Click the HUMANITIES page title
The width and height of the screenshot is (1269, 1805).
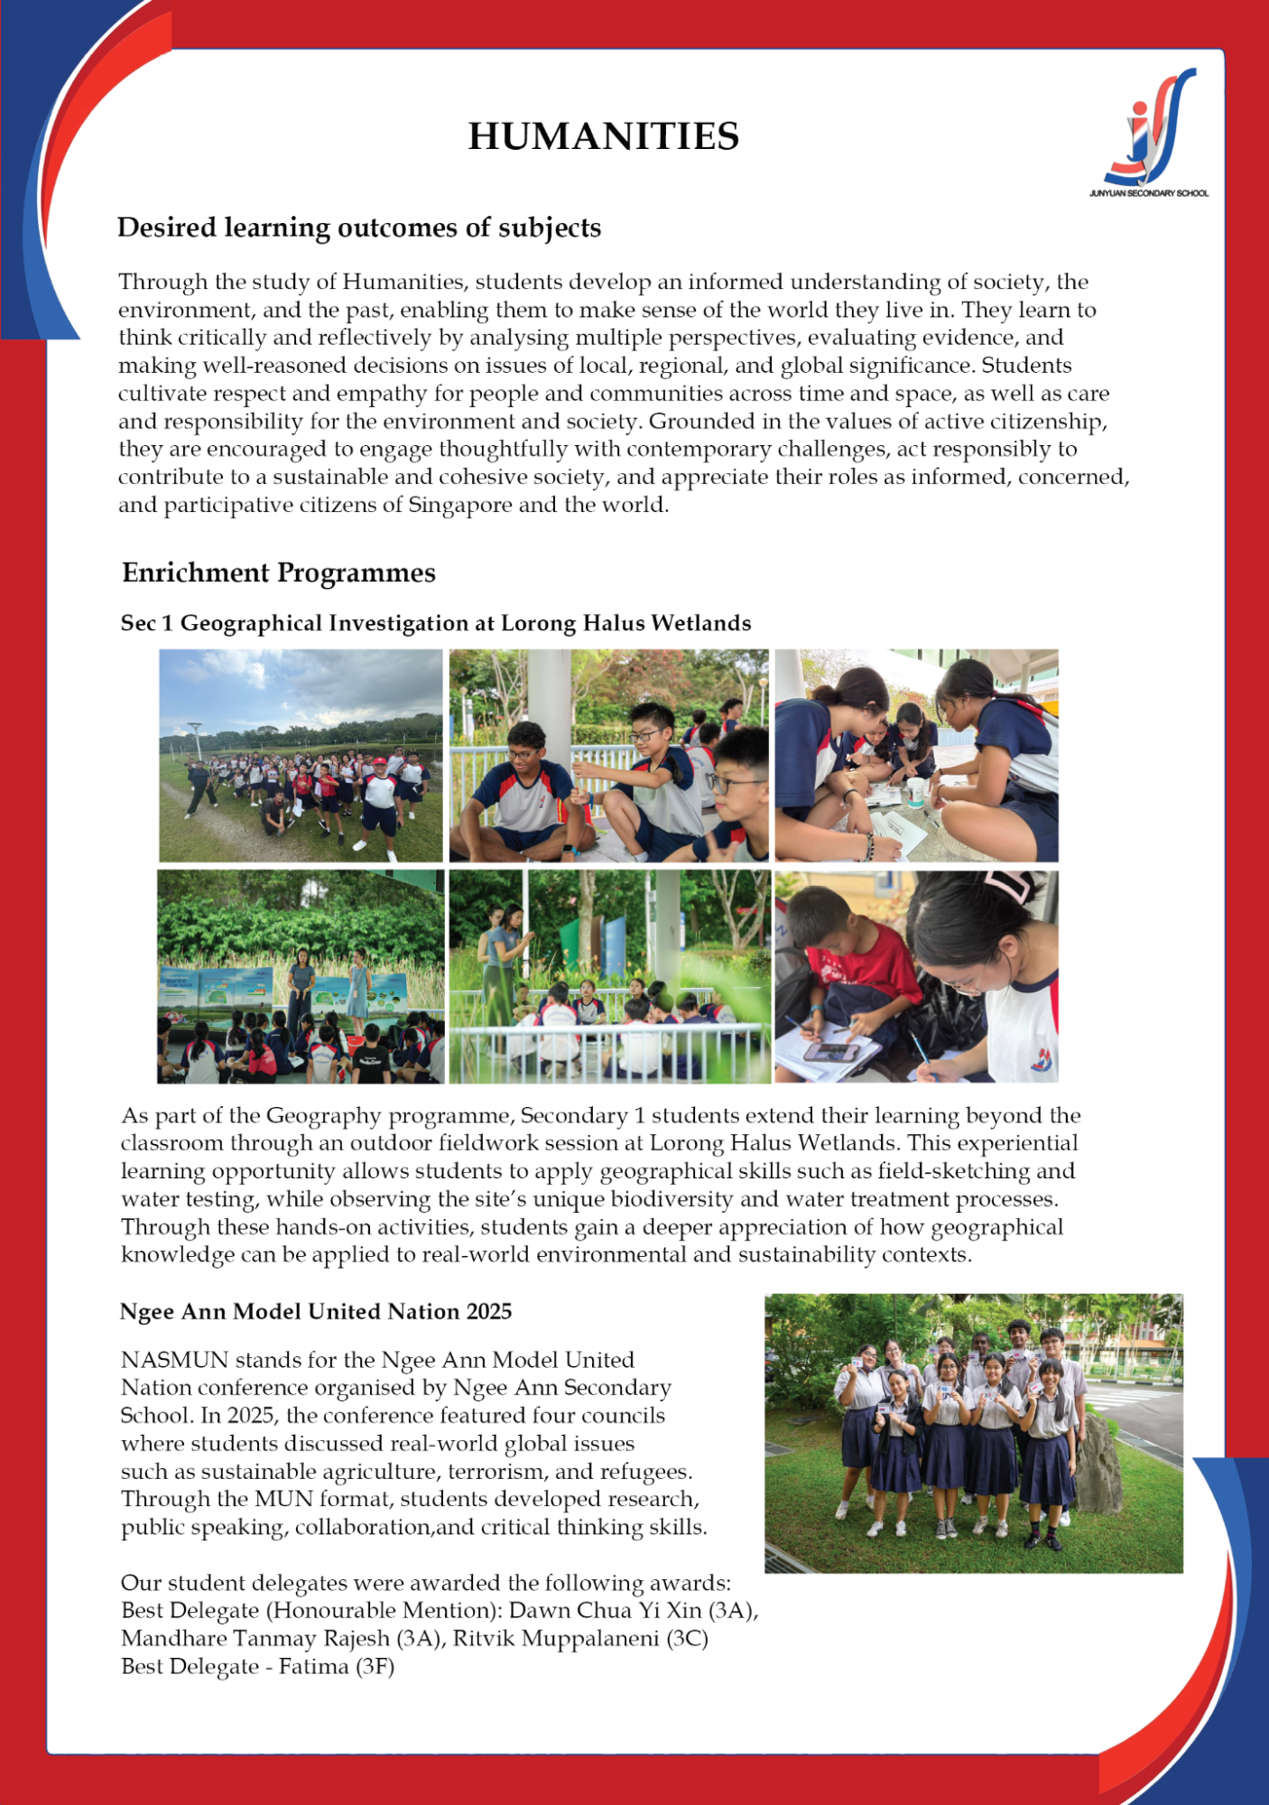click(x=603, y=136)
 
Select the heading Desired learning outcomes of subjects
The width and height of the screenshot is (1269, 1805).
click(x=358, y=228)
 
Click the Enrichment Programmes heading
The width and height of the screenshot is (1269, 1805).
click(x=279, y=572)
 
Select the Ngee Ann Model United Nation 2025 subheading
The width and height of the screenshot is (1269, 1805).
click(x=315, y=1311)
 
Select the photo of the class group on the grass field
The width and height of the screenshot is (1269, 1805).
click(x=301, y=756)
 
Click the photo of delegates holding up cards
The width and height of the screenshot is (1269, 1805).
click(x=973, y=1434)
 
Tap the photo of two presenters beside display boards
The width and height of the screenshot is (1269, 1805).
click(x=301, y=977)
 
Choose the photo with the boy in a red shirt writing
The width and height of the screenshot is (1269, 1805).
click(x=916, y=977)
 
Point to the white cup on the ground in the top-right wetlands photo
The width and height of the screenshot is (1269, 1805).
click(x=919, y=792)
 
